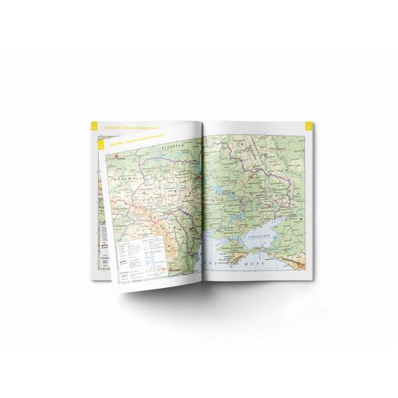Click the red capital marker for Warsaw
[x=117, y=159]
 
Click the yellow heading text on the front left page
[x=126, y=142]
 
